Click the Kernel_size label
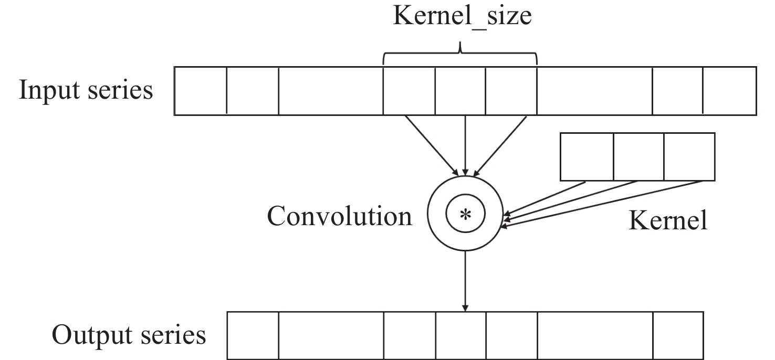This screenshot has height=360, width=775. point(462,17)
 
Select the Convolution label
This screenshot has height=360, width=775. point(340,216)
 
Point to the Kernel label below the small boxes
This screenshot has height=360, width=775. point(668,221)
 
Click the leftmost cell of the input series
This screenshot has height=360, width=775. point(200,90)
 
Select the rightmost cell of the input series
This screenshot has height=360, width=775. point(729,90)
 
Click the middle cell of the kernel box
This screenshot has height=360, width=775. point(638,156)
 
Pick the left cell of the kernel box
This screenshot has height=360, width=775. point(587,156)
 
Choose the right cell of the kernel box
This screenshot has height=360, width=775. point(689,156)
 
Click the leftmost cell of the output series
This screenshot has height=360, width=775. point(253,335)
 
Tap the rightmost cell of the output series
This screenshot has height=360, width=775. point(678,335)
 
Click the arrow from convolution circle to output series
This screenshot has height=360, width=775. point(465,281)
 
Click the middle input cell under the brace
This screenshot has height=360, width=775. point(460,90)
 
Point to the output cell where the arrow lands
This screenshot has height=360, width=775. point(460,335)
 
